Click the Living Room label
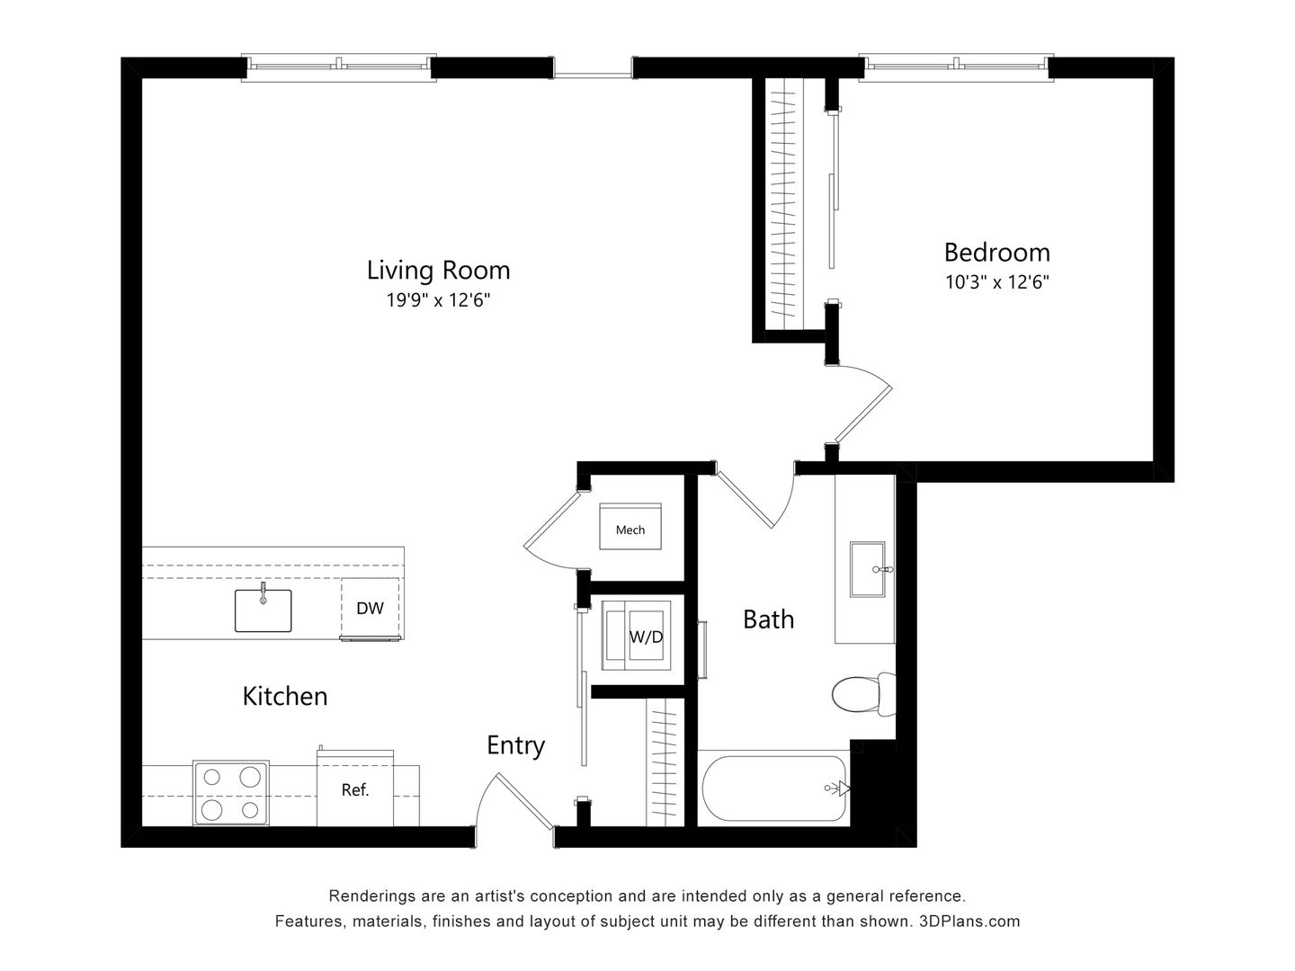438,270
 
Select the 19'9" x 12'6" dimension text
438,300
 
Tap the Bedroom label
996,252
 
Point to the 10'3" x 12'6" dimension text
996,281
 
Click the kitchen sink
263,610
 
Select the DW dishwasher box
370,609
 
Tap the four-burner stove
231,793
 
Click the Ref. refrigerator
355,790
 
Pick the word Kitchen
285,696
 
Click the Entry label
515,745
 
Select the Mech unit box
630,530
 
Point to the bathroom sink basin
869,569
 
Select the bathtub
773,789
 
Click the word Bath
768,619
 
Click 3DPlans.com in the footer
969,922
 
